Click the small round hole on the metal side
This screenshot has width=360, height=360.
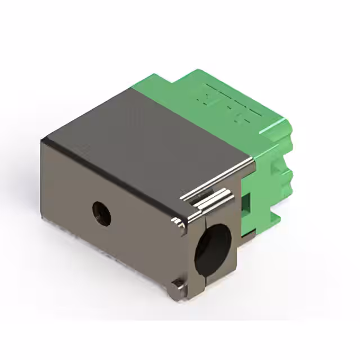[102, 214]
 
